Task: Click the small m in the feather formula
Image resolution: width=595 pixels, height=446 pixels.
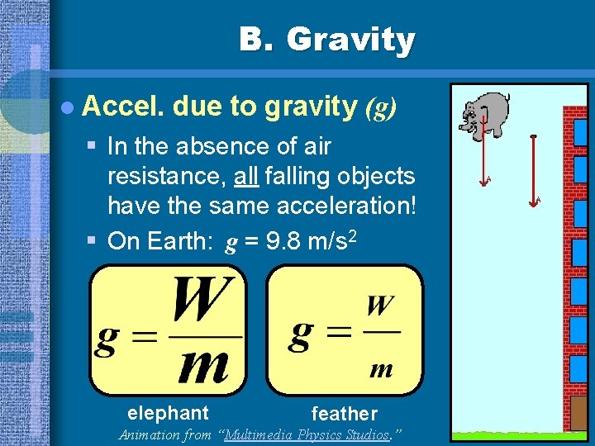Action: [380, 369]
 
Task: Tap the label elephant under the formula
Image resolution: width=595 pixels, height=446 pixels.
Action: [168, 413]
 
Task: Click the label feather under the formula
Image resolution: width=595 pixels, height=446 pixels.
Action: [344, 414]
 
